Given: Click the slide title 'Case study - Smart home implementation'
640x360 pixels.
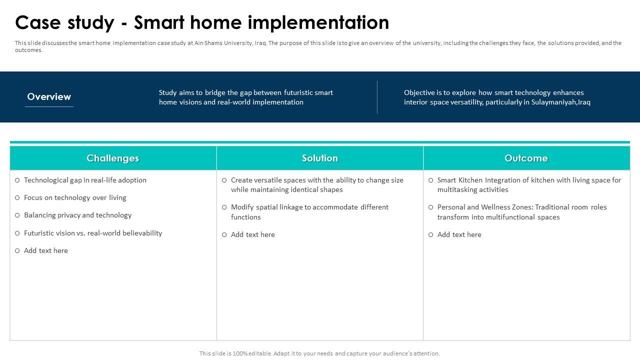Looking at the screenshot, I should click(202, 23).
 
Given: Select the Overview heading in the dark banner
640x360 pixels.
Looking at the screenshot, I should click(49, 97).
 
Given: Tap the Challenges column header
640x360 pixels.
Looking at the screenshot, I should click(112, 158).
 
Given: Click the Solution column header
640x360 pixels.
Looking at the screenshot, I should click(319, 158).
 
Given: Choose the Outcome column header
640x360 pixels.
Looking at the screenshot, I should click(526, 158).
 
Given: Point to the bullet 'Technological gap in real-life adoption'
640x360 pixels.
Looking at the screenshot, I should click(85, 180).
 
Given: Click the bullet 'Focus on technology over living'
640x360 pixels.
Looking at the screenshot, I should click(75, 197).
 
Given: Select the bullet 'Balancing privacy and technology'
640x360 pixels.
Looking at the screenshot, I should click(77, 215).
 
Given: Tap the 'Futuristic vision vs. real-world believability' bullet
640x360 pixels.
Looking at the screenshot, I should click(92, 233).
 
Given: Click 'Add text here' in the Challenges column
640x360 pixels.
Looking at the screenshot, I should click(45, 250).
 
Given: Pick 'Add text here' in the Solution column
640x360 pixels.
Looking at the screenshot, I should click(252, 234).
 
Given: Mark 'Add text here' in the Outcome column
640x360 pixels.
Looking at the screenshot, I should click(459, 234).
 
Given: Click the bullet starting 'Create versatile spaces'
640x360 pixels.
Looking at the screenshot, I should click(316, 184).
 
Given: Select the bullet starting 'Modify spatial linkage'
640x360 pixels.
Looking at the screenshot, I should click(309, 212).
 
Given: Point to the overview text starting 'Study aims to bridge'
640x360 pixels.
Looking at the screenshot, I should click(245, 97).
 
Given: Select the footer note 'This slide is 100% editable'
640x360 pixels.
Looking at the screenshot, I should click(319, 353).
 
